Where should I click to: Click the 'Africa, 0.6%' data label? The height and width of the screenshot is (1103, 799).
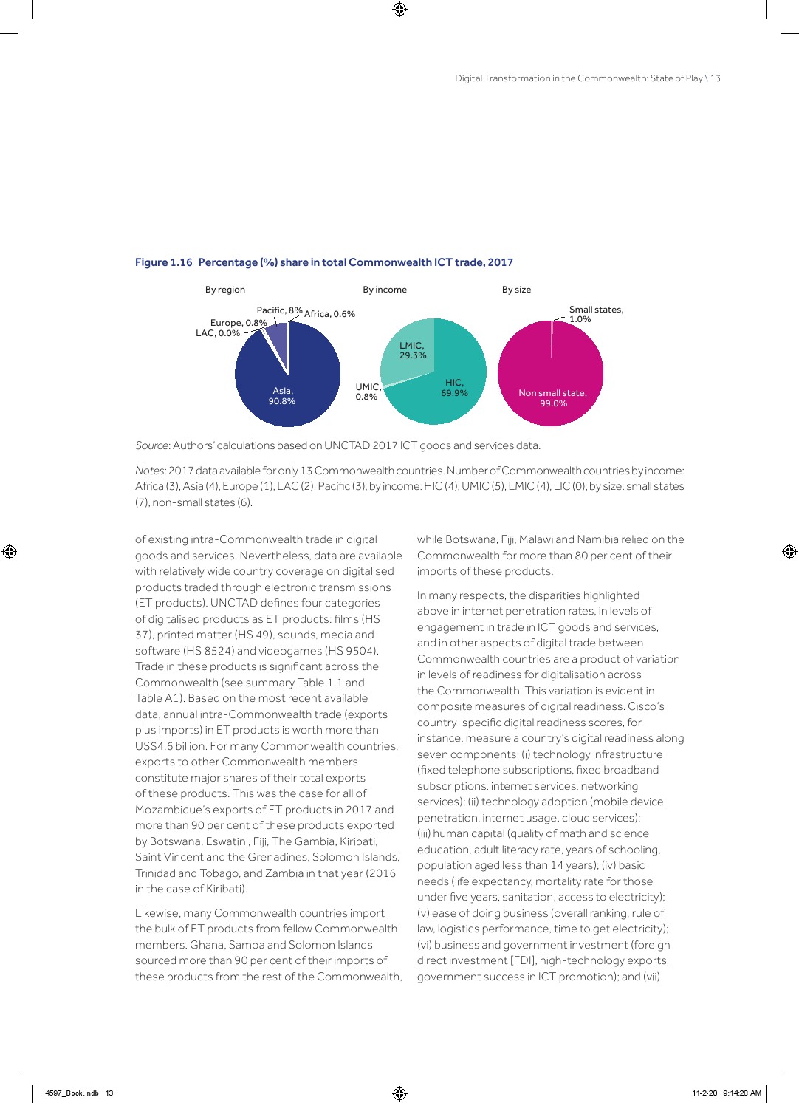(329, 314)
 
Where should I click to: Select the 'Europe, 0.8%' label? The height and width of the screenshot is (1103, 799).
(239, 323)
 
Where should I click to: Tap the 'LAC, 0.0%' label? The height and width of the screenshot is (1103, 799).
(218, 333)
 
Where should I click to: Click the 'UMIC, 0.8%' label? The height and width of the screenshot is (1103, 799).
(368, 392)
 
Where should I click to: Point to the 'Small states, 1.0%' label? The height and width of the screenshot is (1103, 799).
(595, 314)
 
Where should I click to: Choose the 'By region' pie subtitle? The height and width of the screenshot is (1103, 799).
(225, 290)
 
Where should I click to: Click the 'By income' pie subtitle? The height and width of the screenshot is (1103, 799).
(385, 290)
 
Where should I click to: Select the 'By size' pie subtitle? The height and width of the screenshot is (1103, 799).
(516, 290)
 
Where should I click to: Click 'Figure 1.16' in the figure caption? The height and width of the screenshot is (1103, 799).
(164, 262)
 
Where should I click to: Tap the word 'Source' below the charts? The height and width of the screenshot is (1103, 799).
(152, 445)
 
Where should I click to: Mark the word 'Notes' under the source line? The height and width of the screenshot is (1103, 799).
(150, 471)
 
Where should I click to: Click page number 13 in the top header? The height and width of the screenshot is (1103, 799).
(716, 78)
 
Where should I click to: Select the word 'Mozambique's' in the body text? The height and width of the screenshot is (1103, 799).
(171, 810)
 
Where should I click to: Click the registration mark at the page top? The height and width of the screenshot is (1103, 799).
(399, 9)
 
